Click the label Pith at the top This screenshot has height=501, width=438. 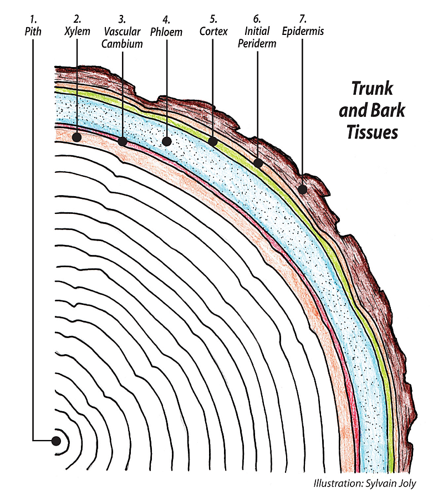[x=33, y=32]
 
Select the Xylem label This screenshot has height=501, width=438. [x=77, y=32]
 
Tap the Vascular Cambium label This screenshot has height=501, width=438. [x=122, y=38]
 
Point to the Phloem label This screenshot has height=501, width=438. [x=166, y=32]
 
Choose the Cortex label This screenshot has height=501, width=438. [x=213, y=32]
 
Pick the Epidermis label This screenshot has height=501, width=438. [x=303, y=32]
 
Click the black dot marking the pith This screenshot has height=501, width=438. [x=56, y=441]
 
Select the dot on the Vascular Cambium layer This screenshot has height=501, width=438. [x=122, y=141]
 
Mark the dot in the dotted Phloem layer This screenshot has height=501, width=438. [x=166, y=141]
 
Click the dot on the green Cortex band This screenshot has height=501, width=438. [x=213, y=141]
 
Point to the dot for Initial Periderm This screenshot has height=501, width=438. [x=258, y=163]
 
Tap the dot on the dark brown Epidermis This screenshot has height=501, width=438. [x=303, y=189]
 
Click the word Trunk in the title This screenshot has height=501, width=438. [x=372, y=89]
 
